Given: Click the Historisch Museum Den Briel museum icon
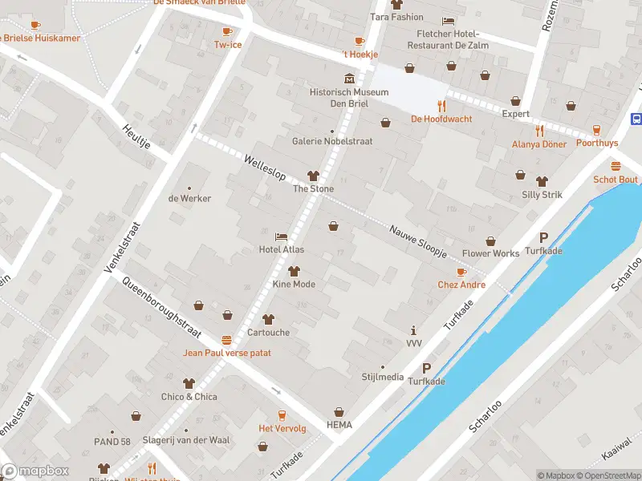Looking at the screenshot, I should (349, 79).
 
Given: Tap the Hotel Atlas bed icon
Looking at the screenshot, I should (281, 236).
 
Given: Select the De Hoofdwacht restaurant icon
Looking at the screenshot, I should (441, 106).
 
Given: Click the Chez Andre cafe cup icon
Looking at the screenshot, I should (461, 273).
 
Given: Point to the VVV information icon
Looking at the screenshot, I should (414, 330).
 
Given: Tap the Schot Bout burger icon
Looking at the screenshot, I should (616, 167).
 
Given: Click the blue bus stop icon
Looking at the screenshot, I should (636, 119).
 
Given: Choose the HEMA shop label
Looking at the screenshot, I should (339, 424).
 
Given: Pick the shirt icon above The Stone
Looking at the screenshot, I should (313, 176).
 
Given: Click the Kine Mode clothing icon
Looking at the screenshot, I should (294, 271).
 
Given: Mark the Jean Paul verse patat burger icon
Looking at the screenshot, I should (227, 340).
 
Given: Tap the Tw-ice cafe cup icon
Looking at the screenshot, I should (227, 31).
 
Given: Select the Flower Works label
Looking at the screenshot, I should (490, 253).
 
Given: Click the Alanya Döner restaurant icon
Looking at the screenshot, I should (539, 131).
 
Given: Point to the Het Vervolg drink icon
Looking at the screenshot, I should (282, 414).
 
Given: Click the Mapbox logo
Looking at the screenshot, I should (35, 471).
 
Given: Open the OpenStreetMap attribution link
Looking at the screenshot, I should (607, 475).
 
